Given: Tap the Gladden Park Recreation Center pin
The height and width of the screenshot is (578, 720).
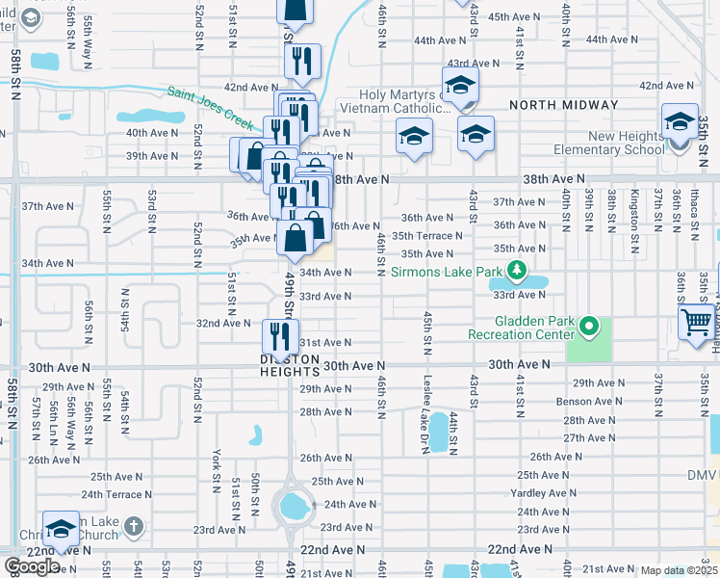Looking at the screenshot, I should tap(592, 328).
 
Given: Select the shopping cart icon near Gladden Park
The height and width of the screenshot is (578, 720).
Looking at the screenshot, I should tap(696, 322).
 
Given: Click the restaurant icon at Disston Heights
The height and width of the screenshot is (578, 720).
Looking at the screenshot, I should tap(275, 336).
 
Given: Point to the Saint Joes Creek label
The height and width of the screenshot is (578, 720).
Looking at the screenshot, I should tap(209, 107).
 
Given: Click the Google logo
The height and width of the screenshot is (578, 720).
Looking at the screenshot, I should tap(32, 566).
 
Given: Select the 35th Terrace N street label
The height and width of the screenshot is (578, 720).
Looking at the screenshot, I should tap(426, 235).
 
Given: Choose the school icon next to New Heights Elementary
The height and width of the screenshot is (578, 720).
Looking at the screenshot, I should tap(680, 122).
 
